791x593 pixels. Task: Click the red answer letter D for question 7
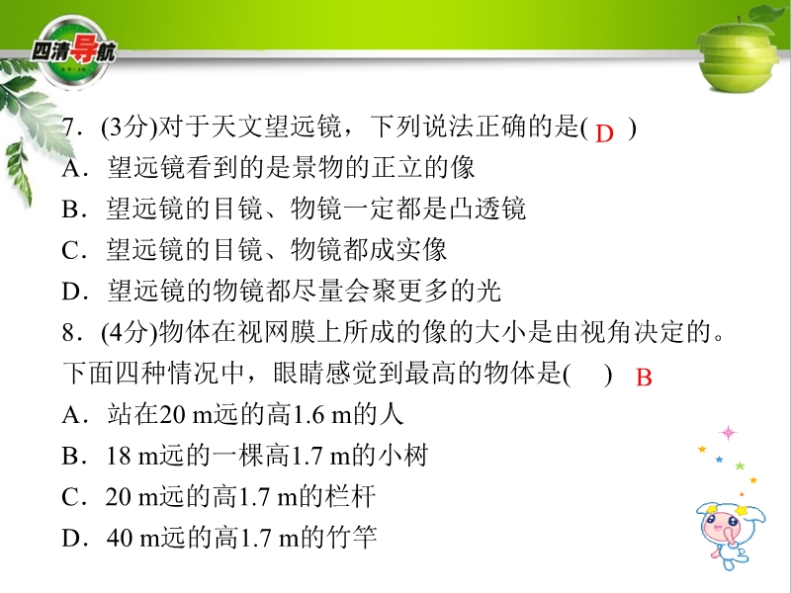[x=604, y=133]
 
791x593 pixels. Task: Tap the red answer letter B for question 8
[x=645, y=378]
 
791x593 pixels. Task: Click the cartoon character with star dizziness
[x=731, y=535]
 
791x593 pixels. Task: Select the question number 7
[x=69, y=127]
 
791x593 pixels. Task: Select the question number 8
[x=69, y=333]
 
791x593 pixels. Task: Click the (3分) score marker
[x=130, y=127]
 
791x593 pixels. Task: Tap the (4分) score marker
[x=130, y=333]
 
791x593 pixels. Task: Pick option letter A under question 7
[x=71, y=168]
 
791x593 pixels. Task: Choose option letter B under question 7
[x=70, y=210]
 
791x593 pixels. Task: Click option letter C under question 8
[x=70, y=498]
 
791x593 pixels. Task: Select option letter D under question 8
[x=71, y=539]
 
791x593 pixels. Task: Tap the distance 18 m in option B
[x=132, y=457]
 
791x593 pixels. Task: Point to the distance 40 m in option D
[x=133, y=539]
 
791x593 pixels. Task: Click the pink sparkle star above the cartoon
[x=728, y=433]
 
